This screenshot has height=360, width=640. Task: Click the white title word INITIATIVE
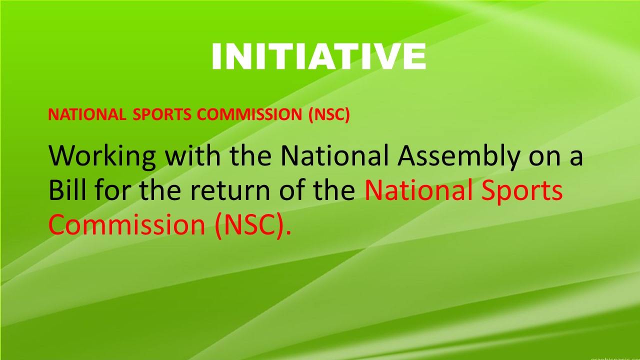[x=319, y=56]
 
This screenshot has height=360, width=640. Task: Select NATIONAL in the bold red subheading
[x=87, y=114]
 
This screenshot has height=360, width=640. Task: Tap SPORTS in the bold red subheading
[x=162, y=114]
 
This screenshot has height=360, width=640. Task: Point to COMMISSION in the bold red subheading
[x=249, y=114]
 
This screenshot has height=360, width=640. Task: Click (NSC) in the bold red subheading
[x=329, y=115]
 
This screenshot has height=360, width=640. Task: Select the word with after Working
[x=193, y=155]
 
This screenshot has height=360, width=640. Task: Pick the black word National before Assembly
[x=334, y=155]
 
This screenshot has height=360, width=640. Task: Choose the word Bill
[x=67, y=189]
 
